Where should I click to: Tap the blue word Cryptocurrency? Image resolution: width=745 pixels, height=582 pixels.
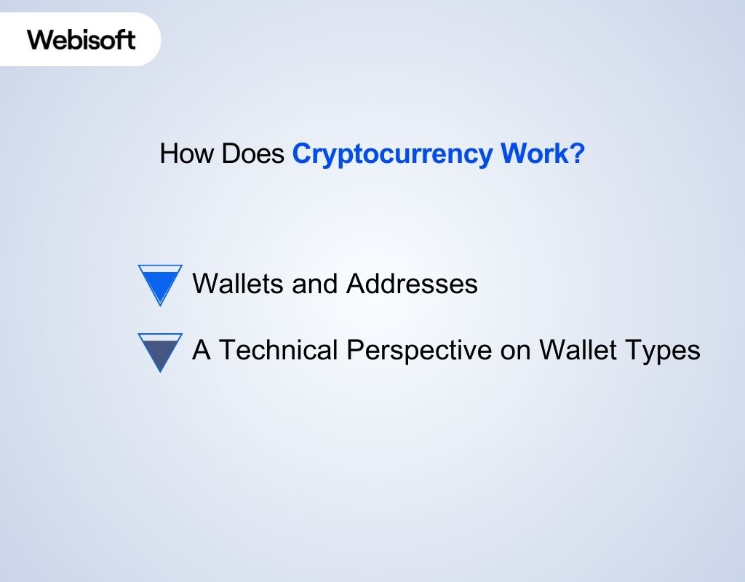tap(392, 155)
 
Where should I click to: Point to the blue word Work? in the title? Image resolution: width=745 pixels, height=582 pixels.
tap(542, 154)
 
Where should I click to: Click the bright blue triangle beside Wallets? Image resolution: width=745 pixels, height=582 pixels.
tap(159, 282)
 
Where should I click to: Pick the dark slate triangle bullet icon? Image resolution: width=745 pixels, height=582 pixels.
tap(159, 350)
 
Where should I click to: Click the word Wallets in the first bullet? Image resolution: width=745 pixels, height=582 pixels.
tap(238, 283)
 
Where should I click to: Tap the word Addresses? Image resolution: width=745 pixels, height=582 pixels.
tap(412, 283)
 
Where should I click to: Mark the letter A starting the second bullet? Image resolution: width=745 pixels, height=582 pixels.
tap(201, 351)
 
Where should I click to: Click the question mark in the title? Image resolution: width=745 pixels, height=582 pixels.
tap(578, 154)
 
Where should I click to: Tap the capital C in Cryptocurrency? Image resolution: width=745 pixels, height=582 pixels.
tap(301, 154)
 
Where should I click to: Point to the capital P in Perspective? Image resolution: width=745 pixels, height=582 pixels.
tap(354, 351)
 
